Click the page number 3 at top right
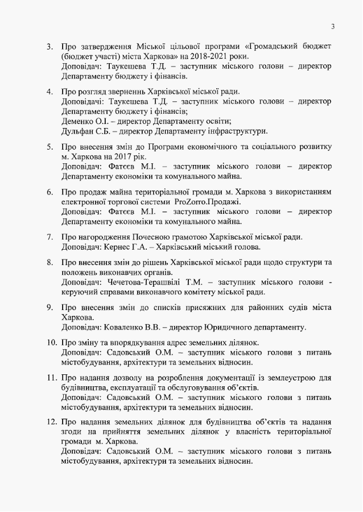(333, 26)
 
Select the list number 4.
(49, 92)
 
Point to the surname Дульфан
(79, 131)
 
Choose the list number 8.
(49, 262)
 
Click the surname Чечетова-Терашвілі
(150, 282)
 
